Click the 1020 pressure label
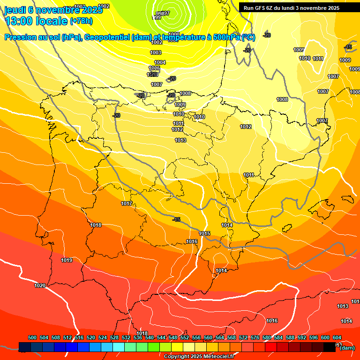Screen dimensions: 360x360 coord(40,285)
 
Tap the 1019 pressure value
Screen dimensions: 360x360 coord(67,260)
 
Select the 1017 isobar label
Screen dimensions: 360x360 coord(127,203)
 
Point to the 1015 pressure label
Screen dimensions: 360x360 coord(204,233)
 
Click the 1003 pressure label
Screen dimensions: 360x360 coord(156,52)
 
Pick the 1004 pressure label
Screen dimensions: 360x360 coord(160,62)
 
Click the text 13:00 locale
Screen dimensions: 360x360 coord(36,21)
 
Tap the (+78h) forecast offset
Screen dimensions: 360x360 coord(81,21)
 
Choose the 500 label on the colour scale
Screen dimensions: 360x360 coord(32,337)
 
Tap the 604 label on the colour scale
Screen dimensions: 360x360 coord(337,337)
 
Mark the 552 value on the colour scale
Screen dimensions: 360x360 coord(185,337)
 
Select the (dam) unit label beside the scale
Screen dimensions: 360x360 coord(347,348)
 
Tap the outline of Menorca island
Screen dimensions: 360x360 coord(347,199)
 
